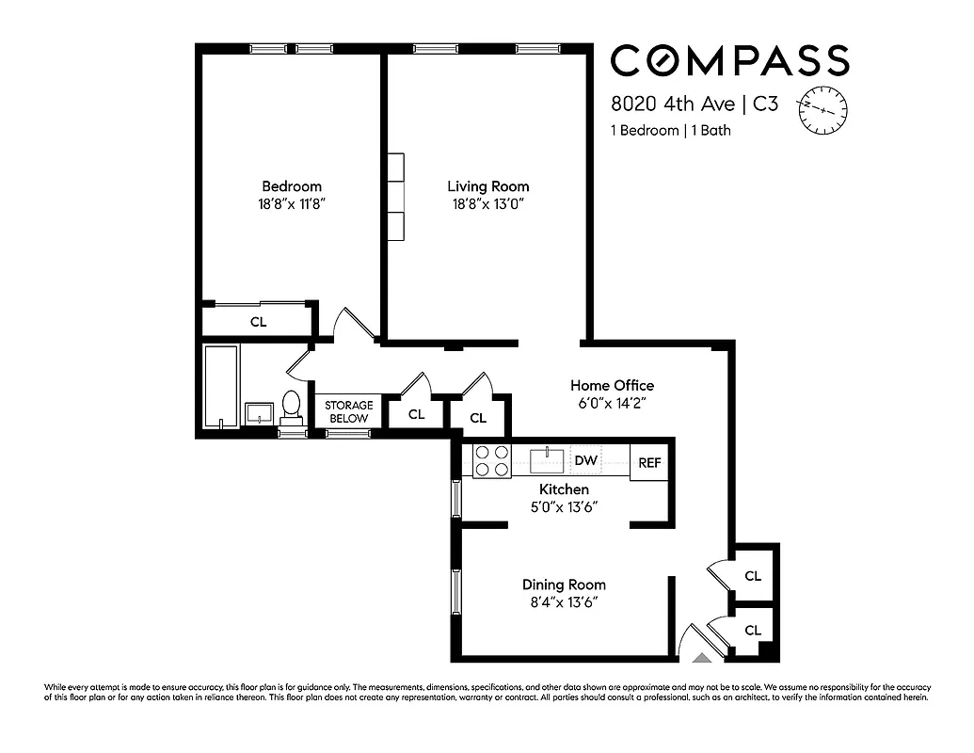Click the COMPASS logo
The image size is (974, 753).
(x=729, y=61)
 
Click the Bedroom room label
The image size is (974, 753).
(x=291, y=186)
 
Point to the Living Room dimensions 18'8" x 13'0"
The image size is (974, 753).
(x=487, y=203)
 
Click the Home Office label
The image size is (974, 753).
(x=612, y=385)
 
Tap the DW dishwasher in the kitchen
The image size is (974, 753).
(x=586, y=460)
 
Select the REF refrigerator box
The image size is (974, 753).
(x=649, y=462)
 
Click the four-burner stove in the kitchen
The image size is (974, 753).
(x=491, y=460)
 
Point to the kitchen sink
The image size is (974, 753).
(x=546, y=461)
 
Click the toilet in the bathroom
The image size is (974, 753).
(x=292, y=408)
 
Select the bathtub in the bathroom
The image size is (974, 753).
(x=222, y=387)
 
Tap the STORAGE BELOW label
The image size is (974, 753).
(x=349, y=411)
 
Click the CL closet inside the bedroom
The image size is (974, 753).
(x=258, y=322)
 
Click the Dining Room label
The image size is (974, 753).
(x=564, y=585)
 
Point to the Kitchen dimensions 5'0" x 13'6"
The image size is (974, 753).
(x=564, y=506)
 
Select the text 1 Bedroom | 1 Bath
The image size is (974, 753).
(x=670, y=131)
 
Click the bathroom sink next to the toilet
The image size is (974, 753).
(x=259, y=412)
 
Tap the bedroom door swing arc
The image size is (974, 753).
(x=348, y=323)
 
